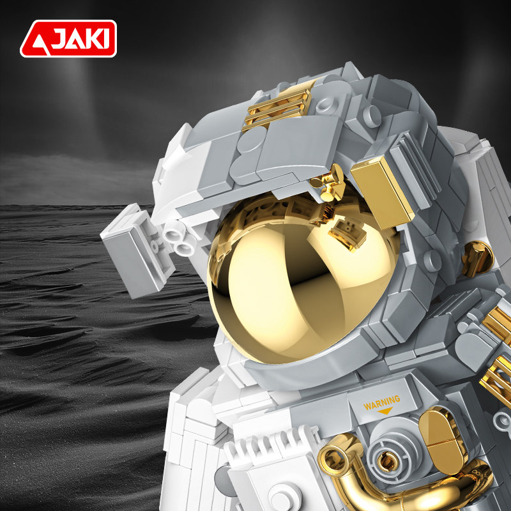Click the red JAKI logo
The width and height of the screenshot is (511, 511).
(x=68, y=38)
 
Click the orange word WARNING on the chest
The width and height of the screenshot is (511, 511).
(x=381, y=403)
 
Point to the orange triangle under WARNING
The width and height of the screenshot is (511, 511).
(x=385, y=411)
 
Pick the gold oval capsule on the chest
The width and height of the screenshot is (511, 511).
(x=443, y=440)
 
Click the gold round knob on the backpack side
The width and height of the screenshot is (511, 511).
(x=477, y=259)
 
